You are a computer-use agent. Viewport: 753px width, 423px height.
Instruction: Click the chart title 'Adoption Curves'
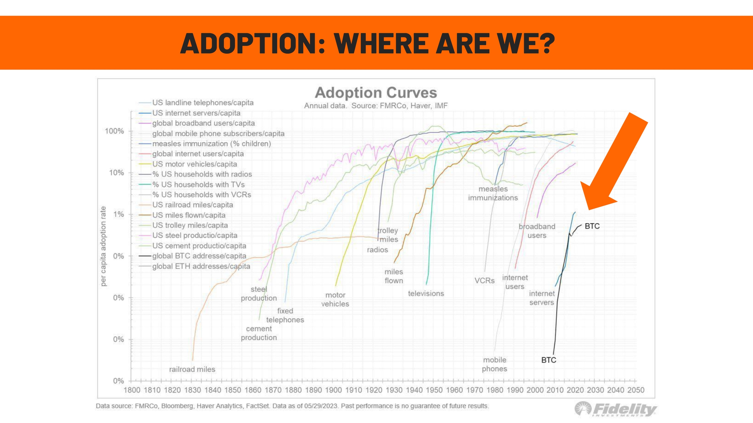[376, 93]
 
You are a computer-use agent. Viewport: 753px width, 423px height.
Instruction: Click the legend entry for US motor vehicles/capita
[194, 164]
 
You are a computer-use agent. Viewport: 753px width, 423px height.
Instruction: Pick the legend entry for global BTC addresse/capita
[199, 256]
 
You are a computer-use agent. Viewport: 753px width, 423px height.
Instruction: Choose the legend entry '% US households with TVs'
[198, 185]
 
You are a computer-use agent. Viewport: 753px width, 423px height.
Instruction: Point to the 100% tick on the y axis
[114, 131]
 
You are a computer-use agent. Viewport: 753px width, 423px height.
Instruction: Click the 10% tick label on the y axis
[116, 173]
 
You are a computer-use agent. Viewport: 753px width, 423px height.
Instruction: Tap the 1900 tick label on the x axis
[333, 390]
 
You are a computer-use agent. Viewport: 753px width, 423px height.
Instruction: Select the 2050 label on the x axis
[636, 390]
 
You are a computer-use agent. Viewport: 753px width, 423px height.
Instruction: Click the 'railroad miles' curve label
[192, 369]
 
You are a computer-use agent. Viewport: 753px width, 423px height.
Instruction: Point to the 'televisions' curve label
[426, 294]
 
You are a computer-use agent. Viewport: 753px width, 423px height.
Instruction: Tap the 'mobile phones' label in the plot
[494, 364]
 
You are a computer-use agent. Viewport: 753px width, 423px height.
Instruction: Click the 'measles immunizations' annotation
[493, 194]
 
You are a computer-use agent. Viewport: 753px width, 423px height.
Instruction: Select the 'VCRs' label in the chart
[484, 281]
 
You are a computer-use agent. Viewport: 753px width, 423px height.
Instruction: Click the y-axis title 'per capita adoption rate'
[103, 246]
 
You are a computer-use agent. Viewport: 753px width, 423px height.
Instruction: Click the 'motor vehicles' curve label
[335, 300]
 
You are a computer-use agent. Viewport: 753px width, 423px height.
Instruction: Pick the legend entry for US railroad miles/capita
[192, 205]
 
